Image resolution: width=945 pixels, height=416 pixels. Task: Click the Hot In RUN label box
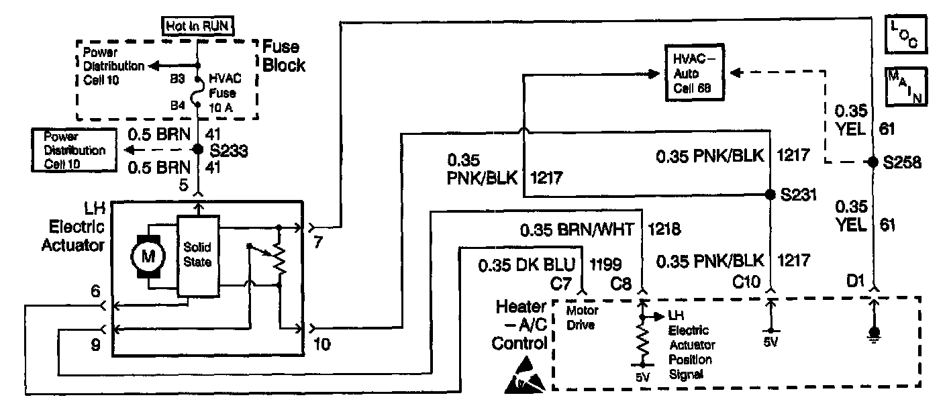coord(198,27)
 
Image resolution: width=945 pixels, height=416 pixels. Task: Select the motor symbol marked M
coord(147,255)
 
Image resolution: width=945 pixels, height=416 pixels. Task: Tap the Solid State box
coord(197,255)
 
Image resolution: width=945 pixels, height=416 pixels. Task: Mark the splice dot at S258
coord(873,162)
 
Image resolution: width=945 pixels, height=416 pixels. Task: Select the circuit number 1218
coord(665,230)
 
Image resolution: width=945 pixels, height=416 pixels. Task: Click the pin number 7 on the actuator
coord(317,243)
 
